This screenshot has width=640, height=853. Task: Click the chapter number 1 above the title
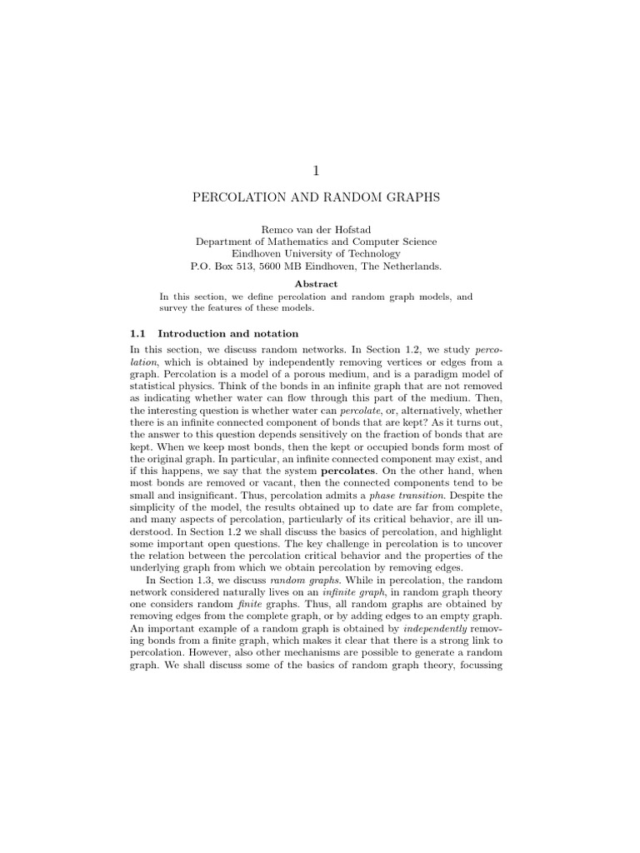coord(316,171)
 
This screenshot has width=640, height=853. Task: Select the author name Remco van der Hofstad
coord(316,228)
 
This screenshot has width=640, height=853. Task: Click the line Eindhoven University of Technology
coord(316,254)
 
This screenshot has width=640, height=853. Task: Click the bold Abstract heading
coord(316,283)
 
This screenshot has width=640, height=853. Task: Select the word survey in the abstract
coord(174,308)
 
